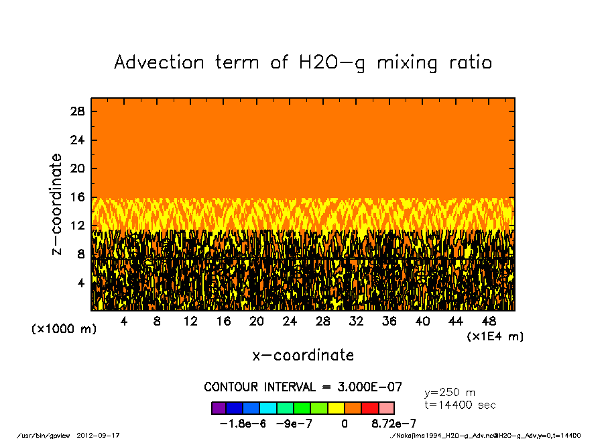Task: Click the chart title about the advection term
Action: pos(303,62)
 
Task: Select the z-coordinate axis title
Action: pos(57,204)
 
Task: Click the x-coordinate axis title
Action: pos(303,355)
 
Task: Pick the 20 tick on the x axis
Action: pos(257,322)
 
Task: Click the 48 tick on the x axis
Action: pos(489,322)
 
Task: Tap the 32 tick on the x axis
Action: pos(357,322)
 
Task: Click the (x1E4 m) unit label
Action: pos(495,336)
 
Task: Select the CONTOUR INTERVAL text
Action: pos(303,387)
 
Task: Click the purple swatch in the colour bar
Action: pos(219,407)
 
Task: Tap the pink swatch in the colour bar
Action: pos(387,407)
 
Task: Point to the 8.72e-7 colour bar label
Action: pos(394,424)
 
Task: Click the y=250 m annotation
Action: pos(450,393)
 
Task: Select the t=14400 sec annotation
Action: pos(460,405)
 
